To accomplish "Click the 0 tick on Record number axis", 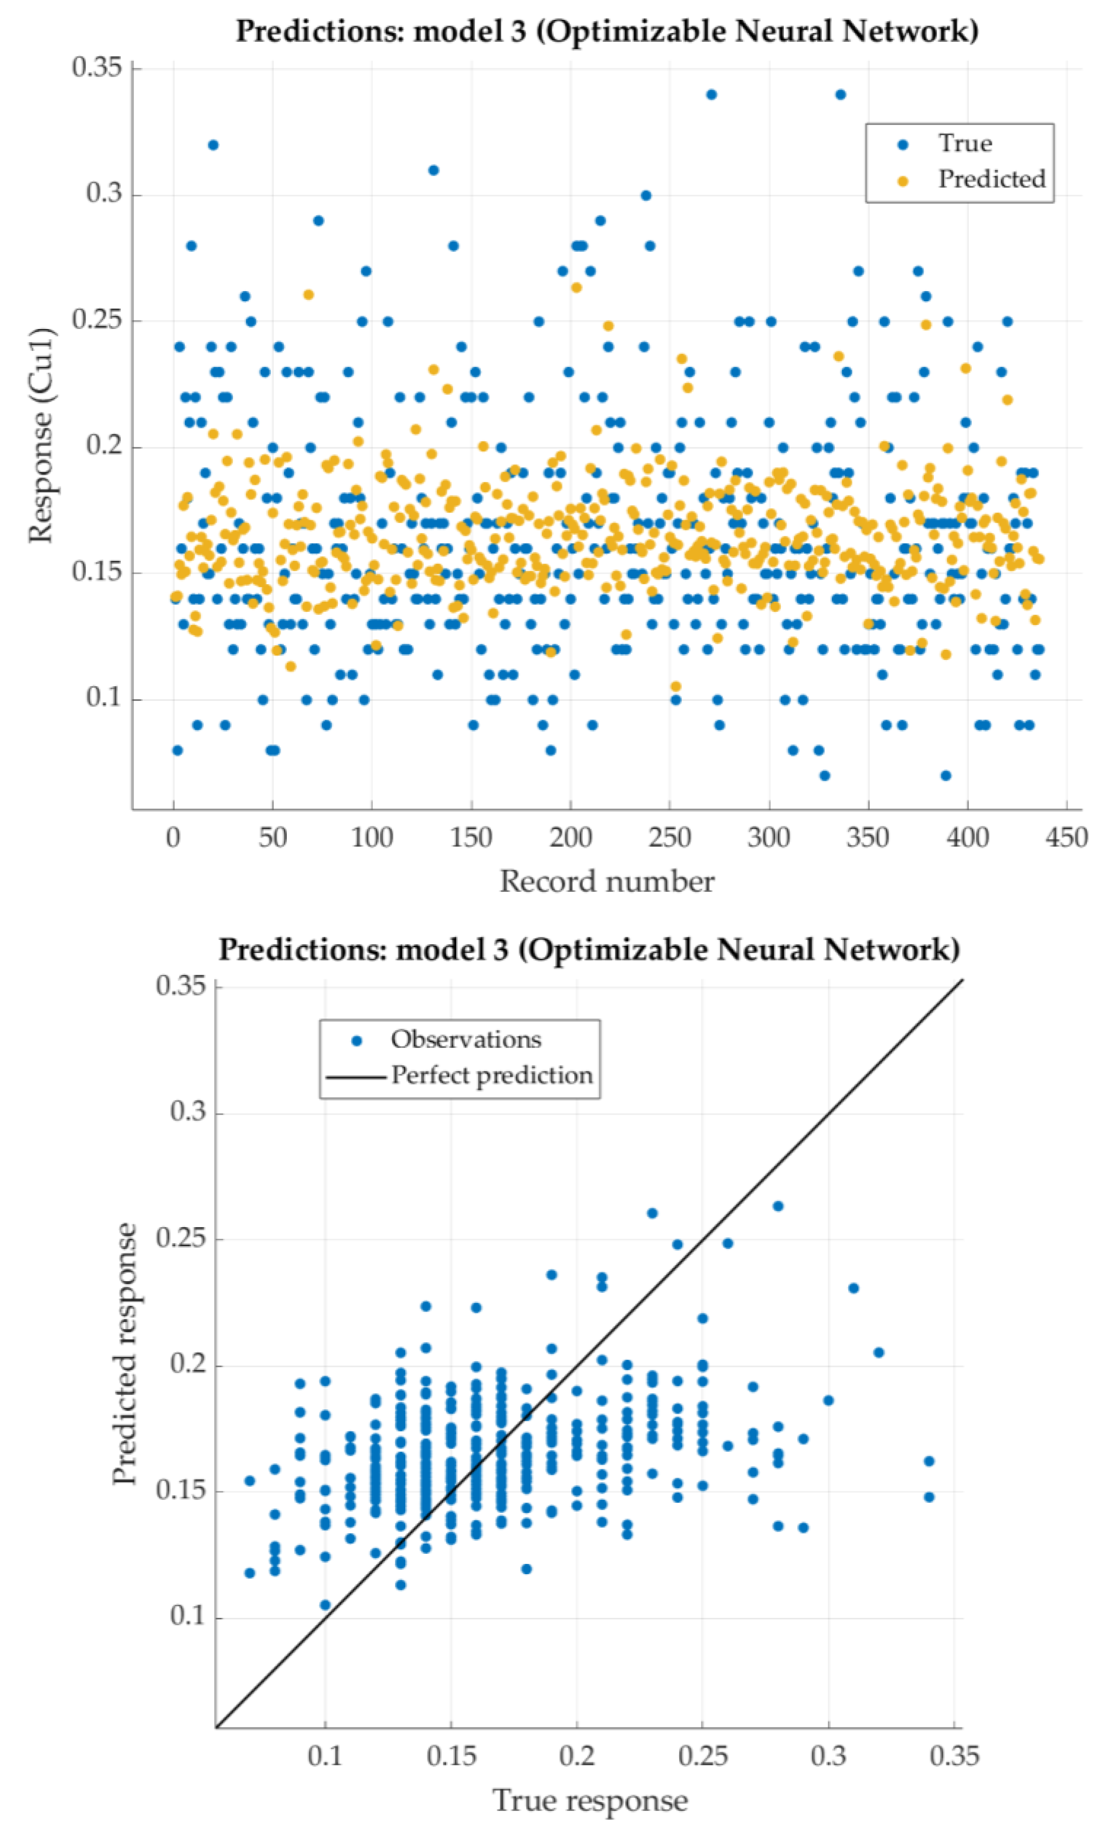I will pyautogui.click(x=173, y=838).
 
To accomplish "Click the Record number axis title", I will pyautogui.click(x=606, y=882).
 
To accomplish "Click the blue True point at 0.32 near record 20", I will pyautogui.click(x=213, y=145).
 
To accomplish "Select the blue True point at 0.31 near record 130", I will pyautogui.click(x=433, y=170).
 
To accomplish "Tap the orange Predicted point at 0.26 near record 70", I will pyautogui.click(x=308, y=295).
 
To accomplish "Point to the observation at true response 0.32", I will pyautogui.click(x=879, y=1352).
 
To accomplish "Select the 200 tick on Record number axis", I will pyautogui.click(x=571, y=838).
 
